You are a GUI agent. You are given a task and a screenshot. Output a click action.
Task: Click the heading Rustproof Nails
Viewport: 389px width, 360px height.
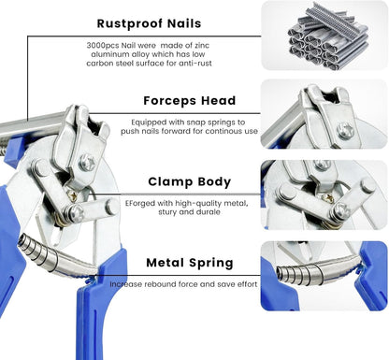click(x=149, y=23)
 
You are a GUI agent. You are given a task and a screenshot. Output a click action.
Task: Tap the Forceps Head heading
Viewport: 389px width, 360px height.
click(x=190, y=101)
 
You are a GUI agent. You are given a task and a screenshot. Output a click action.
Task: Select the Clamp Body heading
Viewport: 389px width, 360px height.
click(x=190, y=181)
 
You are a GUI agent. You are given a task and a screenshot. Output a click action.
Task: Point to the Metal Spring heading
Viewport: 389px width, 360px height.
click(x=190, y=263)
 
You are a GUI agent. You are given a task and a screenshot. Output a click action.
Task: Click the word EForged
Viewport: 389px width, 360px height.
click(x=140, y=204)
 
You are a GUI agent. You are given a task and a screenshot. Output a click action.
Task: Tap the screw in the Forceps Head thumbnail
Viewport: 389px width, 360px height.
click(x=345, y=130)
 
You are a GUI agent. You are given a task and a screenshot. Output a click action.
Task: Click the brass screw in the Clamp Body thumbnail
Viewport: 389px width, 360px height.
click(x=327, y=198)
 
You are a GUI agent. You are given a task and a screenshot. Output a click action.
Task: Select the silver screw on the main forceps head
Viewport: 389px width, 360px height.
click(x=87, y=163)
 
